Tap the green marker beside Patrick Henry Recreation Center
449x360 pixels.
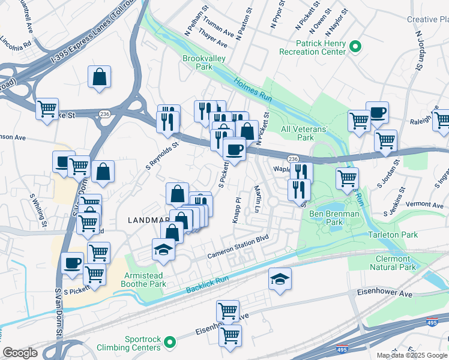point(355,46)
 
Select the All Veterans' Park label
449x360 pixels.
point(306,133)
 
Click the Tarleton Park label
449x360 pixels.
point(393,235)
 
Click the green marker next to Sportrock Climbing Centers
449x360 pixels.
point(170,343)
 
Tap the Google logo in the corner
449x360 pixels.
point(20,353)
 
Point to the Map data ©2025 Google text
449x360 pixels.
point(412,355)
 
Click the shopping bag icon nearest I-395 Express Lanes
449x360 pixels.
point(99,77)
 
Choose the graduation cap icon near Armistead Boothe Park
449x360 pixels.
point(163,249)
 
